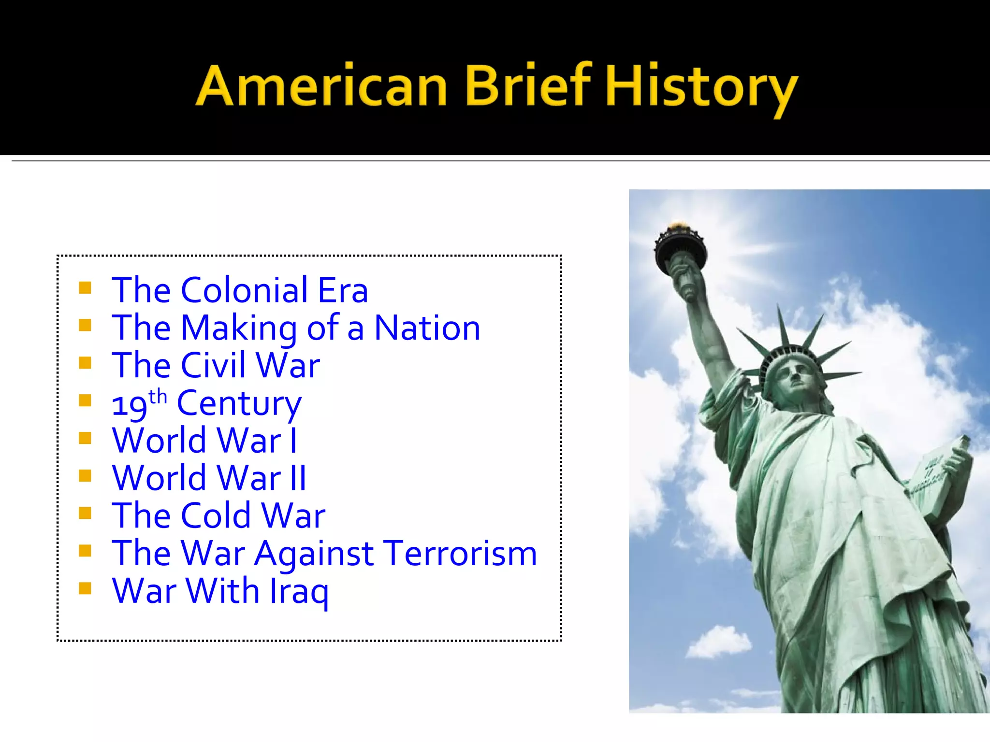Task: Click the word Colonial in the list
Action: (245, 290)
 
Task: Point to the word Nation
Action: (427, 328)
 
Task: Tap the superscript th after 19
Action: (158, 397)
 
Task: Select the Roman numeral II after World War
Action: (298, 478)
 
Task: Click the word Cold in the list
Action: (216, 515)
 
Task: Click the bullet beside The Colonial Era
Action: (85, 288)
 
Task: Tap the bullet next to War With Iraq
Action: (85, 588)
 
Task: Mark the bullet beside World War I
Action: (85, 438)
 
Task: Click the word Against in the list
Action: (314, 554)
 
